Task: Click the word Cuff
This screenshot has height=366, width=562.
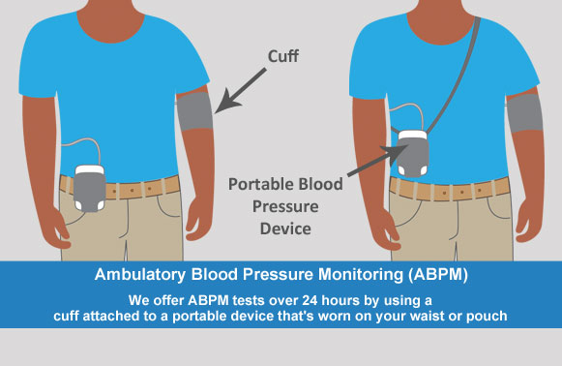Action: point(283,56)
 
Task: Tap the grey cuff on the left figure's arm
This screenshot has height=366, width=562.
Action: point(194,111)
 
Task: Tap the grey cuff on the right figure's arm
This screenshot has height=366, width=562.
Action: point(524,112)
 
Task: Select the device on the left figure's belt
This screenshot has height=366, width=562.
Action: point(90,189)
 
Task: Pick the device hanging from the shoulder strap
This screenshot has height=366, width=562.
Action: point(413,154)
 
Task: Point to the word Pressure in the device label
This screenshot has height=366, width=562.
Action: point(285,206)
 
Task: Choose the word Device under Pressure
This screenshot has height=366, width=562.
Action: point(285,229)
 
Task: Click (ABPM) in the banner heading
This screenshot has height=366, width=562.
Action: point(437,275)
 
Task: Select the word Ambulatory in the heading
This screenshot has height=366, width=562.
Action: point(140,275)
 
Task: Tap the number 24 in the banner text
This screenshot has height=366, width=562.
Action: point(310,300)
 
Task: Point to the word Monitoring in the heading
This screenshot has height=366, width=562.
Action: point(361,275)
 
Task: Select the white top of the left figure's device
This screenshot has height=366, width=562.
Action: point(89,169)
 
